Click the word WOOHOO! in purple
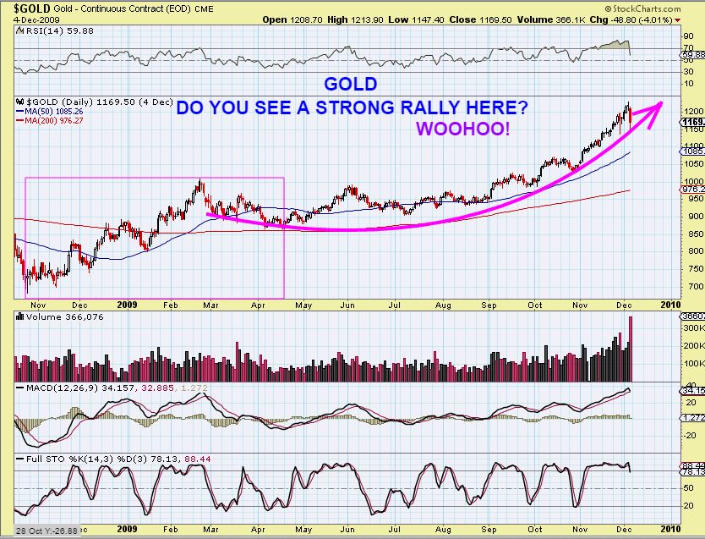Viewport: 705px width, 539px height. pos(462,129)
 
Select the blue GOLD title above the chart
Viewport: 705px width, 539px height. pos(351,85)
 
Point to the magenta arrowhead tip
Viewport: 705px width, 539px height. pos(662,103)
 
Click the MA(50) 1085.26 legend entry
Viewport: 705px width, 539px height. pos(47,111)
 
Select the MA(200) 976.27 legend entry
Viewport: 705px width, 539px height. pos(47,120)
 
